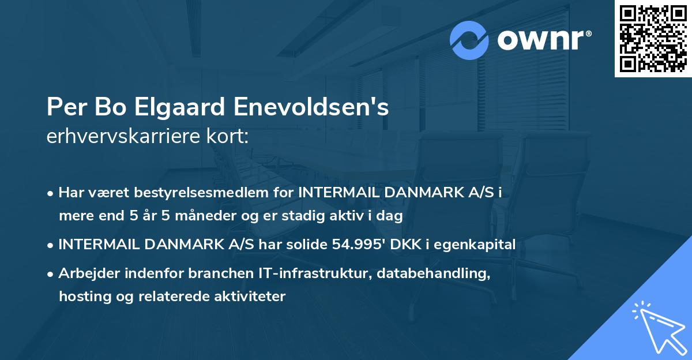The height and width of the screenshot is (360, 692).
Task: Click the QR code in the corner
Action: pos(653,39)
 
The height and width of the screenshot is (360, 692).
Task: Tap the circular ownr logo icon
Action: pos(469,40)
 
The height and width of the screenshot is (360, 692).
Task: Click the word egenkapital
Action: pos(477,245)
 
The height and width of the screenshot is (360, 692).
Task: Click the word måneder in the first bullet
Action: pos(195,216)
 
